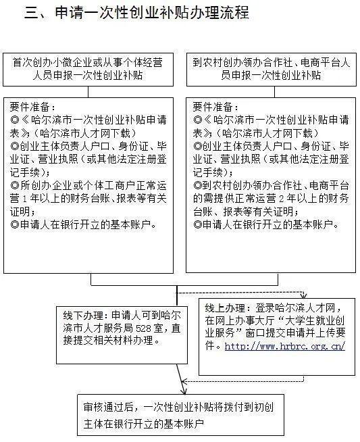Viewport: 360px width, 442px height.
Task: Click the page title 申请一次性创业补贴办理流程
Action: click(152, 13)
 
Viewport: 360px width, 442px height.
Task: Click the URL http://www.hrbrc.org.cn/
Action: click(285, 346)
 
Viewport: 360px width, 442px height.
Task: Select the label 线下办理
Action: click(82, 316)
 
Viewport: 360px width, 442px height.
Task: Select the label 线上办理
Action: click(225, 308)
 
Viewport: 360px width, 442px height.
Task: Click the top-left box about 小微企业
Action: click(88, 70)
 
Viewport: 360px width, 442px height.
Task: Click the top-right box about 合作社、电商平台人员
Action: click(272, 70)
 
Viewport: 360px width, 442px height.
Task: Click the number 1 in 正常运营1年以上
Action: click(24, 199)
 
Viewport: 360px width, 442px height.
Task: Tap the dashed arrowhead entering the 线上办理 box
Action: click(303, 295)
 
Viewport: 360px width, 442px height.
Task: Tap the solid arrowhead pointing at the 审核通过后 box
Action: click(184, 391)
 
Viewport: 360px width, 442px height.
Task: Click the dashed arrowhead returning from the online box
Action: click(184, 382)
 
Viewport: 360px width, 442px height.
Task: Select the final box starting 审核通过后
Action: click(180, 415)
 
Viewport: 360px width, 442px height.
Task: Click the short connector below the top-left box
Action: click(88, 92)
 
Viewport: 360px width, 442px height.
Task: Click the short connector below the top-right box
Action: click(275, 92)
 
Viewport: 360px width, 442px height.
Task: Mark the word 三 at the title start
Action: click(31, 13)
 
